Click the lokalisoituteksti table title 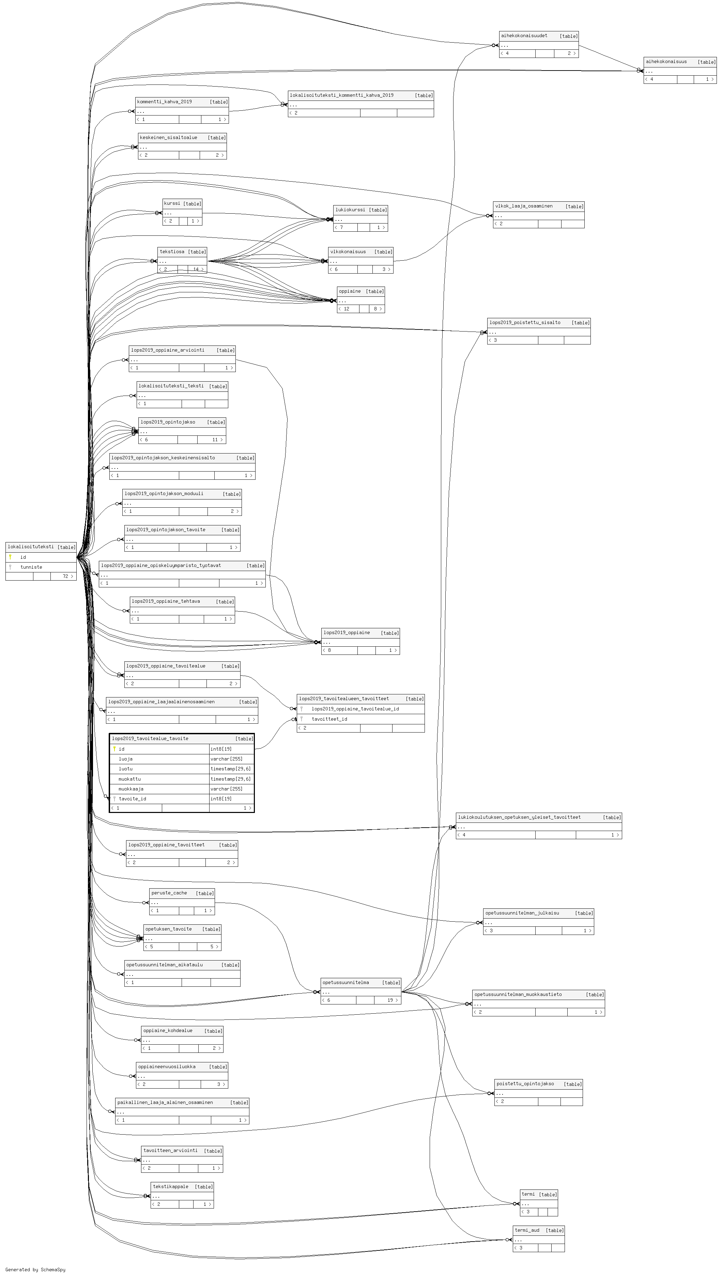(31, 547)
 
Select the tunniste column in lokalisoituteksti (31, 567)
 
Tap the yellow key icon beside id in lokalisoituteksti (10, 557)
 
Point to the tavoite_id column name (133, 799)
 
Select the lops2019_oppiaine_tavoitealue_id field (355, 709)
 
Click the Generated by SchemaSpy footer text (35, 1270)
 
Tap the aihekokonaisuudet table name (524, 36)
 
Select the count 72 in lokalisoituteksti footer (65, 576)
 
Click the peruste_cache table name (169, 893)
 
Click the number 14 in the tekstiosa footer (196, 269)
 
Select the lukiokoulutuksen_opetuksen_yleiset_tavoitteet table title (519, 817)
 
